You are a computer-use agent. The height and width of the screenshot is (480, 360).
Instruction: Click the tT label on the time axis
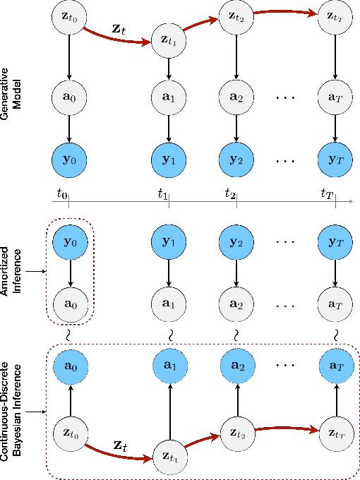tap(327, 191)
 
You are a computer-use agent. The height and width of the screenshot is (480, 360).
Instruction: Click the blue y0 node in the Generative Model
tap(68, 157)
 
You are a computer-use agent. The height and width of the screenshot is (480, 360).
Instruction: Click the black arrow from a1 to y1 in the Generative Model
tap(169, 125)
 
